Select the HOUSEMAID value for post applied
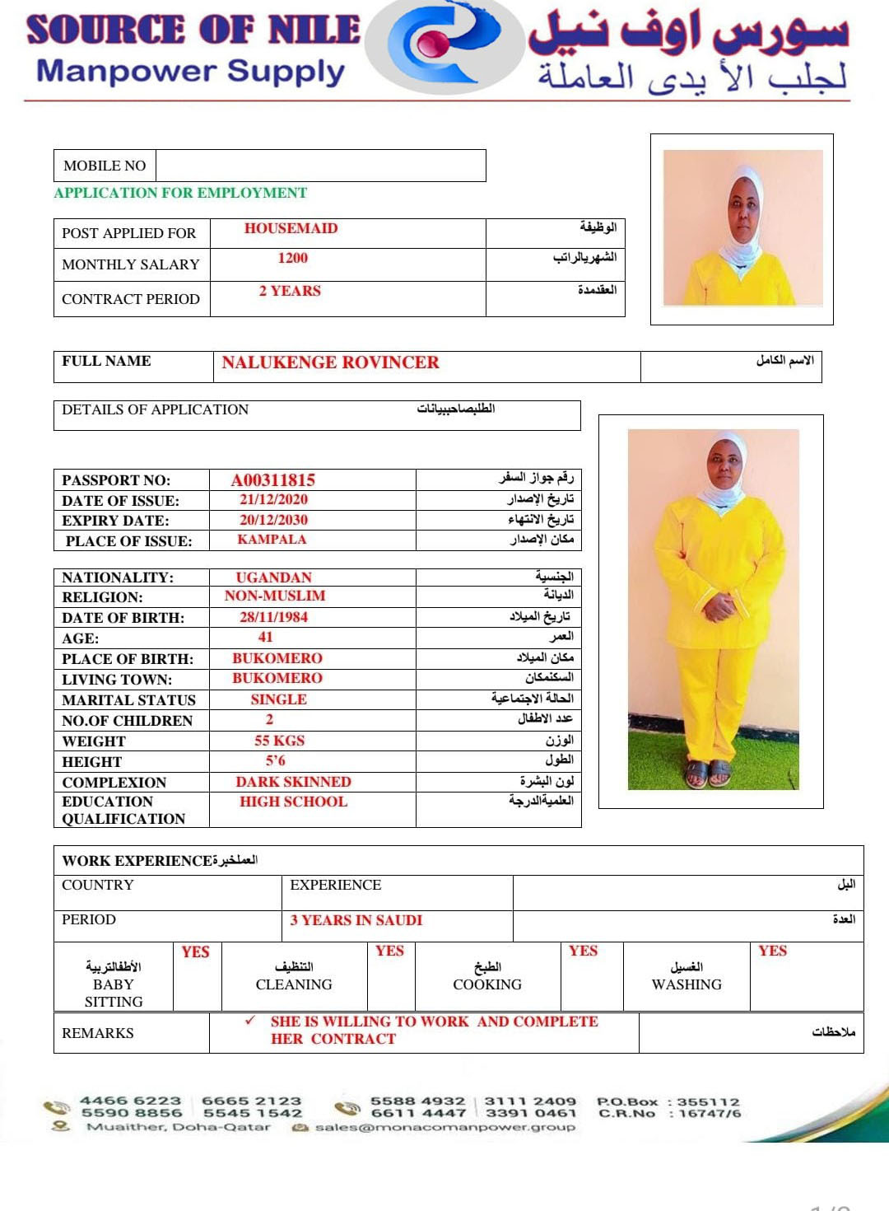[291, 229]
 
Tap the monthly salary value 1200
[292, 259]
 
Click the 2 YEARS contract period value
[290, 292]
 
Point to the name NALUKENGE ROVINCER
[330, 362]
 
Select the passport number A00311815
[272, 480]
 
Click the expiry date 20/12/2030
[273, 521]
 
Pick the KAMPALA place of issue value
[272, 540]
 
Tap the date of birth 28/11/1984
[273, 617]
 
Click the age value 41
[265, 637]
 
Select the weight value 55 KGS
[279, 741]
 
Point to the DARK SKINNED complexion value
[293, 782]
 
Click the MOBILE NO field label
[105, 166]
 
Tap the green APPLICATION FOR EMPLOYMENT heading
[180, 193]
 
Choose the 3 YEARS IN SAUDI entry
[356, 920]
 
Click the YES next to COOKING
[583, 951]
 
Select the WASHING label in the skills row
[687, 984]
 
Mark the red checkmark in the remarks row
[249, 1021]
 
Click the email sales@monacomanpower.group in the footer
[444, 1127]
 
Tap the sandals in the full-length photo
[709, 773]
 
